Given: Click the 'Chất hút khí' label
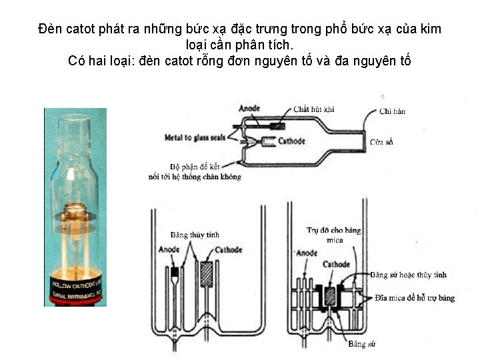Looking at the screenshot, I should pyautogui.click(x=315, y=109).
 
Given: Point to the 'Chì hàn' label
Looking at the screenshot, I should pyautogui.click(x=392, y=111).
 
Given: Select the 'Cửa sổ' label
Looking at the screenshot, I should pyautogui.click(x=382, y=142).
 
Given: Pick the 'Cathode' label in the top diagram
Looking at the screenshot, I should pyautogui.click(x=291, y=141).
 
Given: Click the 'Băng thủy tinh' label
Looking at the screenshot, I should pyautogui.click(x=195, y=235).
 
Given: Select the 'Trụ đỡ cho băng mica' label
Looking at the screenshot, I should pyautogui.click(x=334, y=235).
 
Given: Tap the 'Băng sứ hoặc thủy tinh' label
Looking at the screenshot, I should pyautogui.click(x=409, y=275).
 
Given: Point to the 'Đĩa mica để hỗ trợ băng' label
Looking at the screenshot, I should pyautogui.click(x=415, y=297).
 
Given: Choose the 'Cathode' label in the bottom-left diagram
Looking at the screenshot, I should pyautogui.click(x=228, y=250).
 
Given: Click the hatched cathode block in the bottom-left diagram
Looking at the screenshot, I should pyautogui.click(x=207, y=274).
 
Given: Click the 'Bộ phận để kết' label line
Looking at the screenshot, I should pyautogui.click(x=193, y=166).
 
